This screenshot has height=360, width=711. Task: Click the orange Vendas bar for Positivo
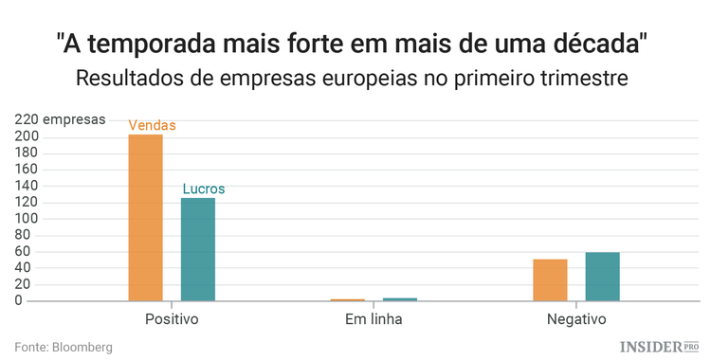pyautogui.click(x=145, y=218)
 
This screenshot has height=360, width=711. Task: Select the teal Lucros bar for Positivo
pyautogui.click(x=198, y=249)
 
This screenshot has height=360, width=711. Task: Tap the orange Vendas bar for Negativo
pyautogui.click(x=550, y=279)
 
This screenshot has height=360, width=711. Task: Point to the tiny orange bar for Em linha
pyautogui.click(x=347, y=299)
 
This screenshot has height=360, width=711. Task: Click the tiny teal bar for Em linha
pyautogui.click(x=399, y=299)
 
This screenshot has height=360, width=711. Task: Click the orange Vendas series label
pyautogui.click(x=152, y=125)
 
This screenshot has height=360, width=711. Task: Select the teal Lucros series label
pyautogui.click(x=203, y=189)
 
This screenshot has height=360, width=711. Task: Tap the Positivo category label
pyautogui.click(x=172, y=319)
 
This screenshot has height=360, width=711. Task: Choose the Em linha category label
pyautogui.click(x=374, y=319)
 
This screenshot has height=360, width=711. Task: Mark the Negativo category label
pyautogui.click(x=575, y=319)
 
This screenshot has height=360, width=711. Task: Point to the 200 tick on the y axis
pyautogui.click(x=27, y=137)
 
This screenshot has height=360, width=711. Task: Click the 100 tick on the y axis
pyautogui.click(x=27, y=219)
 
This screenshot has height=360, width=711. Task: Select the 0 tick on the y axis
pyautogui.click(x=33, y=300)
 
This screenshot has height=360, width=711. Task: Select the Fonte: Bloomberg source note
pyautogui.click(x=64, y=348)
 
